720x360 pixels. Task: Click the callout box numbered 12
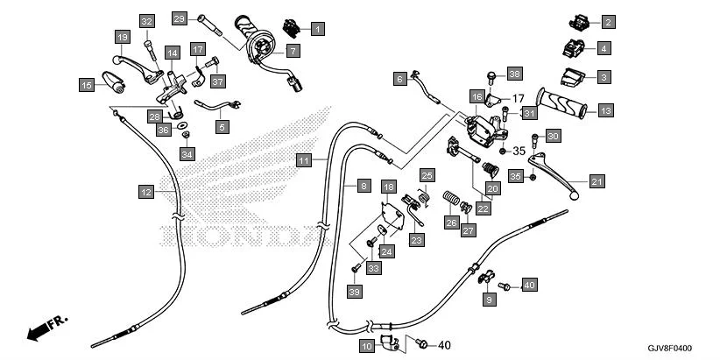pyautogui.click(x=146, y=191)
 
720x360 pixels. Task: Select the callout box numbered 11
pyautogui.click(x=303, y=160)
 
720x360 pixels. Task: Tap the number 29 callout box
pyautogui.click(x=180, y=18)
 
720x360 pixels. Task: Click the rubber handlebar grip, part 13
pyautogui.click(x=569, y=104)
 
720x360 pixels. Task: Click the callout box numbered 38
pyautogui.click(x=514, y=74)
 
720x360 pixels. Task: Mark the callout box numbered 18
pyautogui.click(x=388, y=187)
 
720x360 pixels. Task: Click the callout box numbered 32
pyautogui.click(x=146, y=22)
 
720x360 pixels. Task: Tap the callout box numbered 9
pyautogui.click(x=490, y=300)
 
